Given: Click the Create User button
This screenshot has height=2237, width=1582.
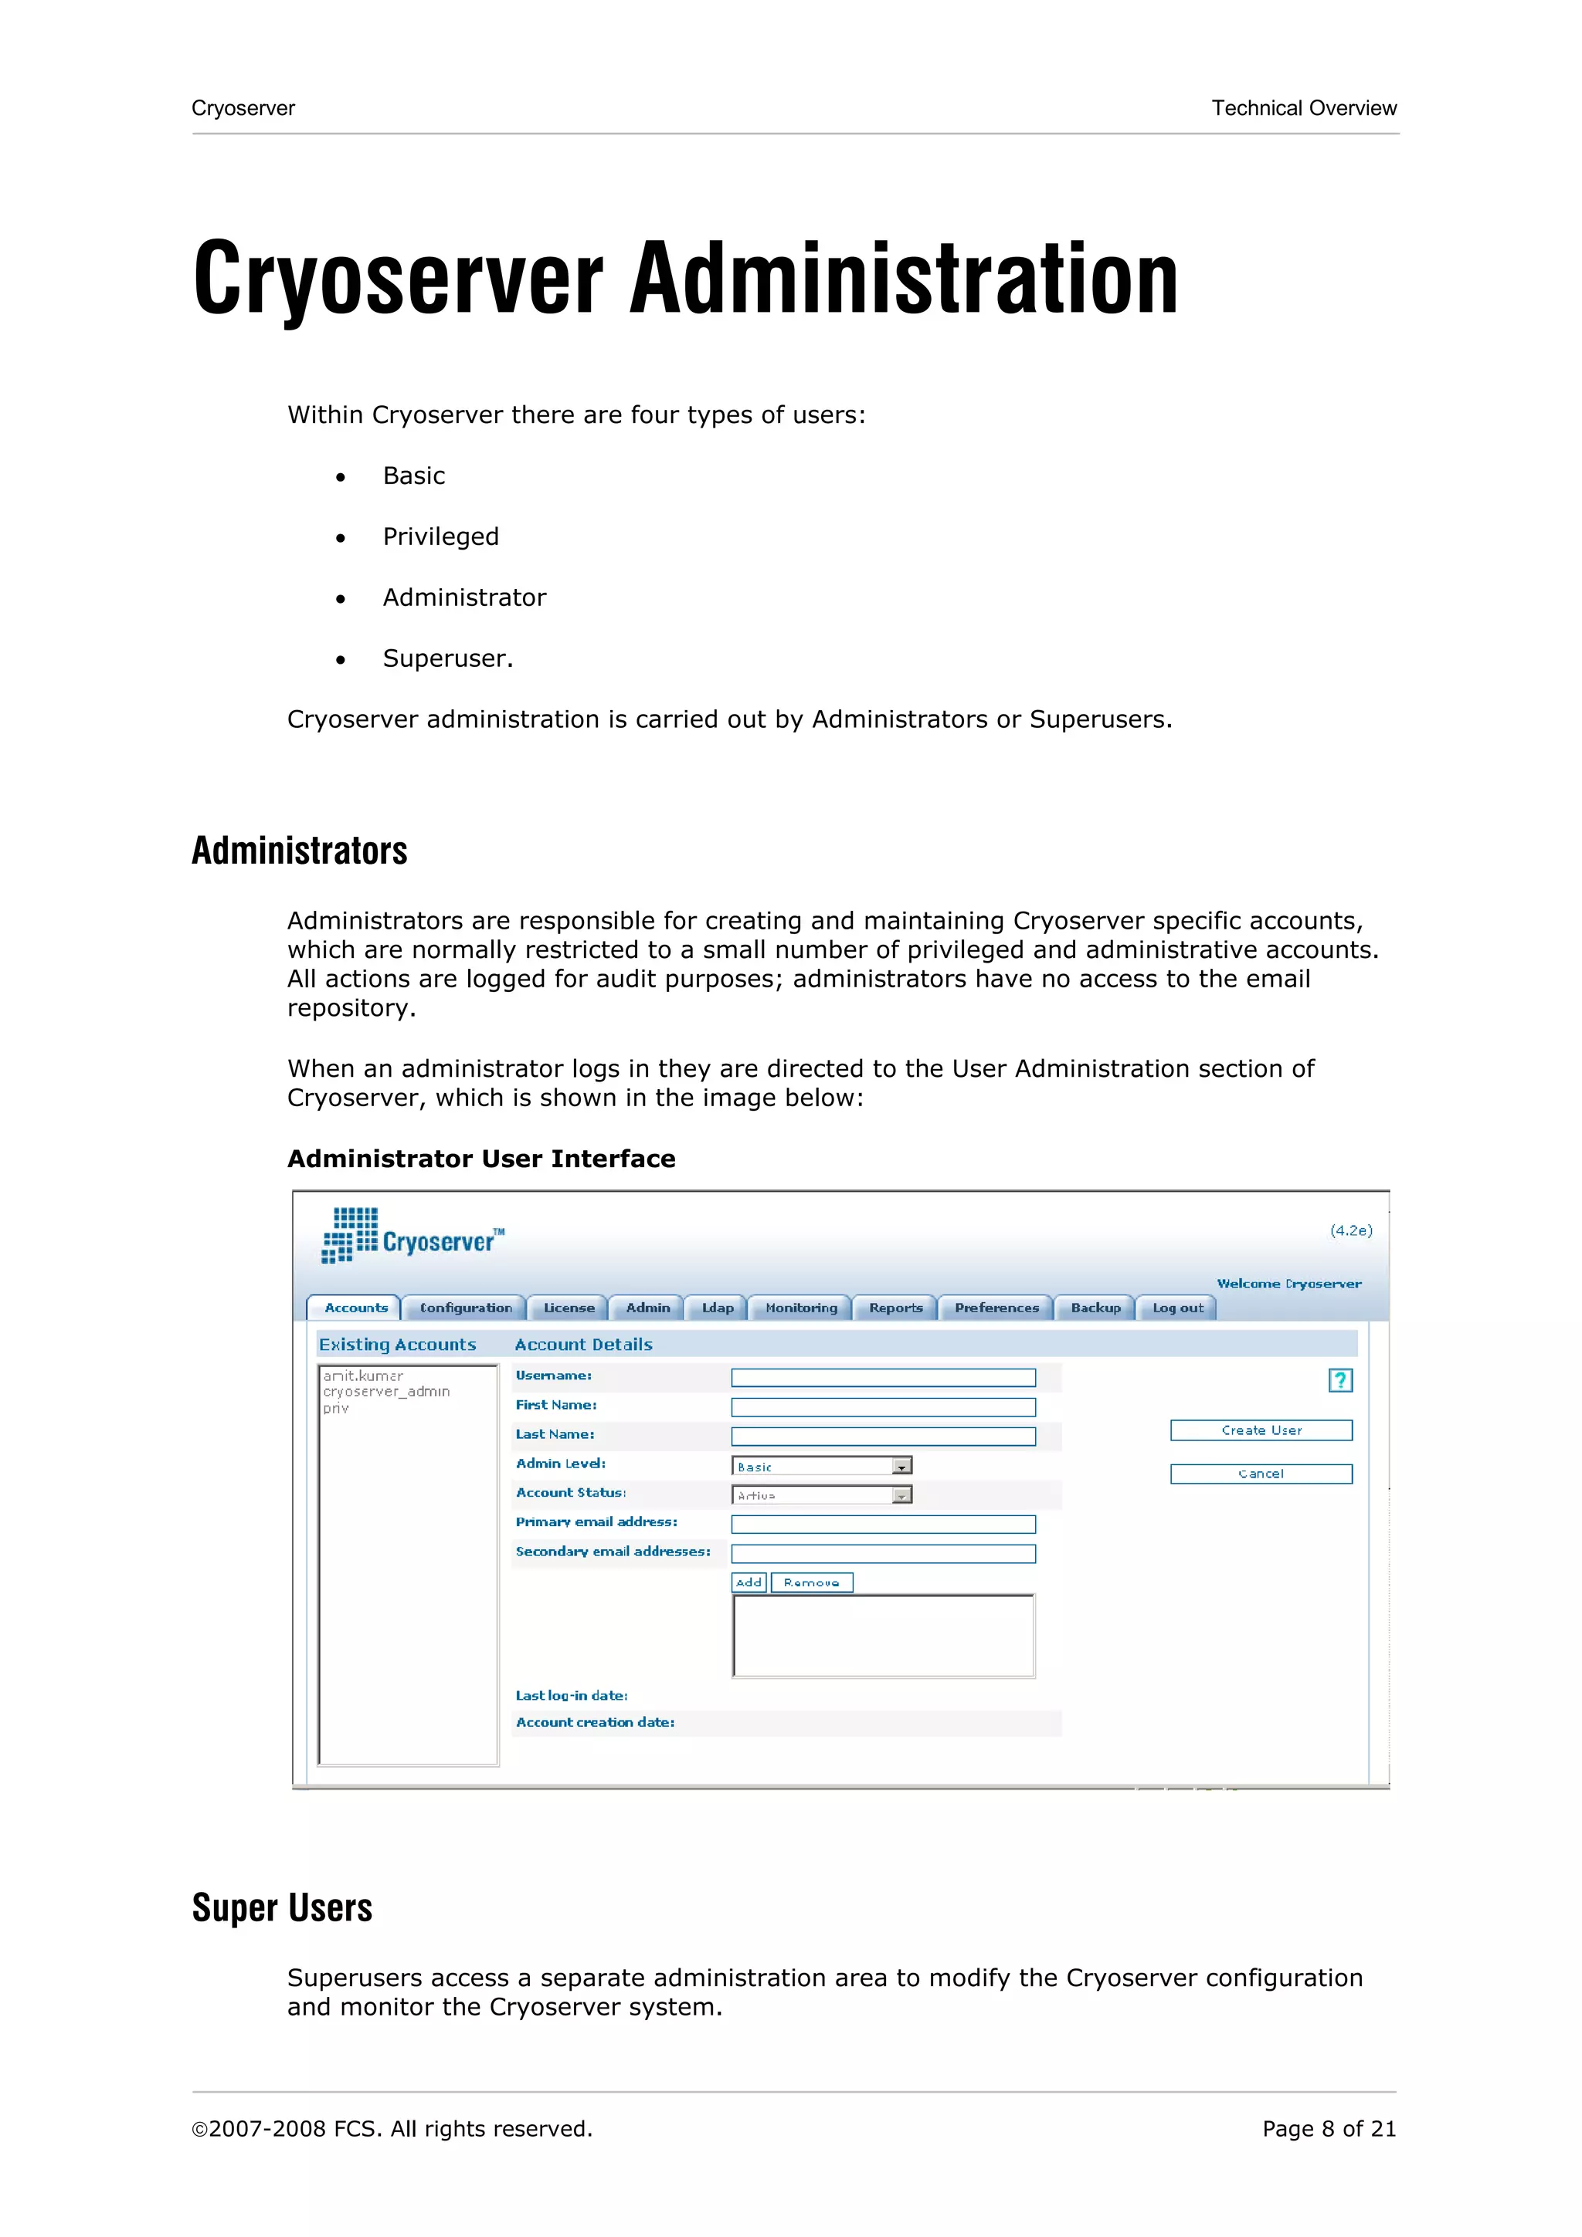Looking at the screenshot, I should pos(1261,1430).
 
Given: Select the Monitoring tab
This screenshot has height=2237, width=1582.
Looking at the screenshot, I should pos(800,1308).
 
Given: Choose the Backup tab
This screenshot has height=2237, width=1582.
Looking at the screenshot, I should pos(1095,1308).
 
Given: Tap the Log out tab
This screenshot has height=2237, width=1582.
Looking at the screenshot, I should pos(1176,1308).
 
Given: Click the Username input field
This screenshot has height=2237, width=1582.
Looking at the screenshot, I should pos(883,1378).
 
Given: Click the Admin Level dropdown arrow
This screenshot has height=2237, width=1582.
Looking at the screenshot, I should pos(901,1467).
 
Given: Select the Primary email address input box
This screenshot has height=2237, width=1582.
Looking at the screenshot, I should pos(883,1524).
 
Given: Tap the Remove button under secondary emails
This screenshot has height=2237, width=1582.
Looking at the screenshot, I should pos(811,1582).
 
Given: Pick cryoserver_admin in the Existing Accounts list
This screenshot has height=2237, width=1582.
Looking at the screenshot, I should pos(386,1391).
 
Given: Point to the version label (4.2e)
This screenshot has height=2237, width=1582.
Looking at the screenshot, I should pos(1351,1230).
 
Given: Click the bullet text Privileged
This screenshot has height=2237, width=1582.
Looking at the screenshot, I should pos(440,536).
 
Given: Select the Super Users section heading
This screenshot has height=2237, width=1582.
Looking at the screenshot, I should pos(282,1907).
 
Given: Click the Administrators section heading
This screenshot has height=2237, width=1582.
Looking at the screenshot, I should pos(299,851).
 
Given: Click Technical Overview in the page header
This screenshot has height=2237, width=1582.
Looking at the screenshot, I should pos(1303,108).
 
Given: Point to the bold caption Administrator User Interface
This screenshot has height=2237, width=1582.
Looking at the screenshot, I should pos(480,1159).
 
